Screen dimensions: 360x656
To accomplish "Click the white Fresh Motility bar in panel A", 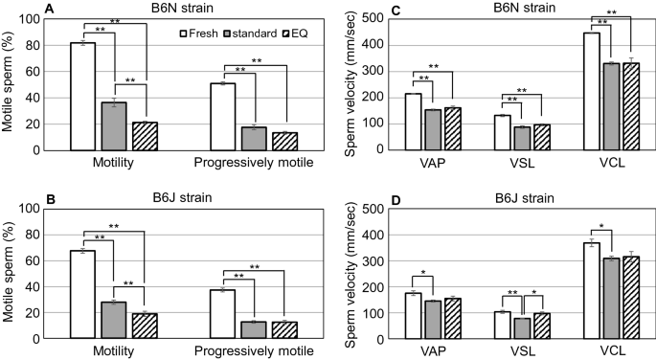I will click(83, 97).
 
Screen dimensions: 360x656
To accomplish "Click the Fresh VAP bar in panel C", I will click(413, 122).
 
